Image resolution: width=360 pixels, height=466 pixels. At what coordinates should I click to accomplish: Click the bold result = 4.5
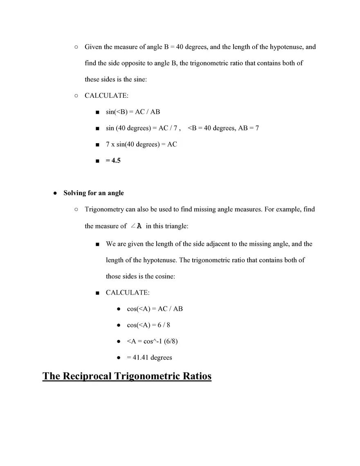113,160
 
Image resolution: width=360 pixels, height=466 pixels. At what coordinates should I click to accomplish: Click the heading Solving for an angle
93,193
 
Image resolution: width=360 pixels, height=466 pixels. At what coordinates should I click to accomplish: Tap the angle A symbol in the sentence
136,226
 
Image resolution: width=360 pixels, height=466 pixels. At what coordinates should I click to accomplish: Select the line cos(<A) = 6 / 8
148,325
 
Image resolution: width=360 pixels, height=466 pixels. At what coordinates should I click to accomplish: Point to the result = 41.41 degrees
149,357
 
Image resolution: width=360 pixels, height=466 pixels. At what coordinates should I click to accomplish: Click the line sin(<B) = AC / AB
133,112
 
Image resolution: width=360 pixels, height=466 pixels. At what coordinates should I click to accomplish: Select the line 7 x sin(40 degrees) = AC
141,144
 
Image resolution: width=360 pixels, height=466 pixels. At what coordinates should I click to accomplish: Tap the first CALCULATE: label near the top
106,95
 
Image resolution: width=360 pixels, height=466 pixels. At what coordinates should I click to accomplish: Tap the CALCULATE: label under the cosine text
128,293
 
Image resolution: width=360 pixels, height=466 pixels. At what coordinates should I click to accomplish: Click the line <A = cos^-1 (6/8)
152,341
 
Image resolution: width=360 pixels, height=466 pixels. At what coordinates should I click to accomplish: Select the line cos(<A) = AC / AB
155,308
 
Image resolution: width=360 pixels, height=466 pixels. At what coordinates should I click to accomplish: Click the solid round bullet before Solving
55,193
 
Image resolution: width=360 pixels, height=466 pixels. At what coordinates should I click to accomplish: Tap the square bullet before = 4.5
97,161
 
